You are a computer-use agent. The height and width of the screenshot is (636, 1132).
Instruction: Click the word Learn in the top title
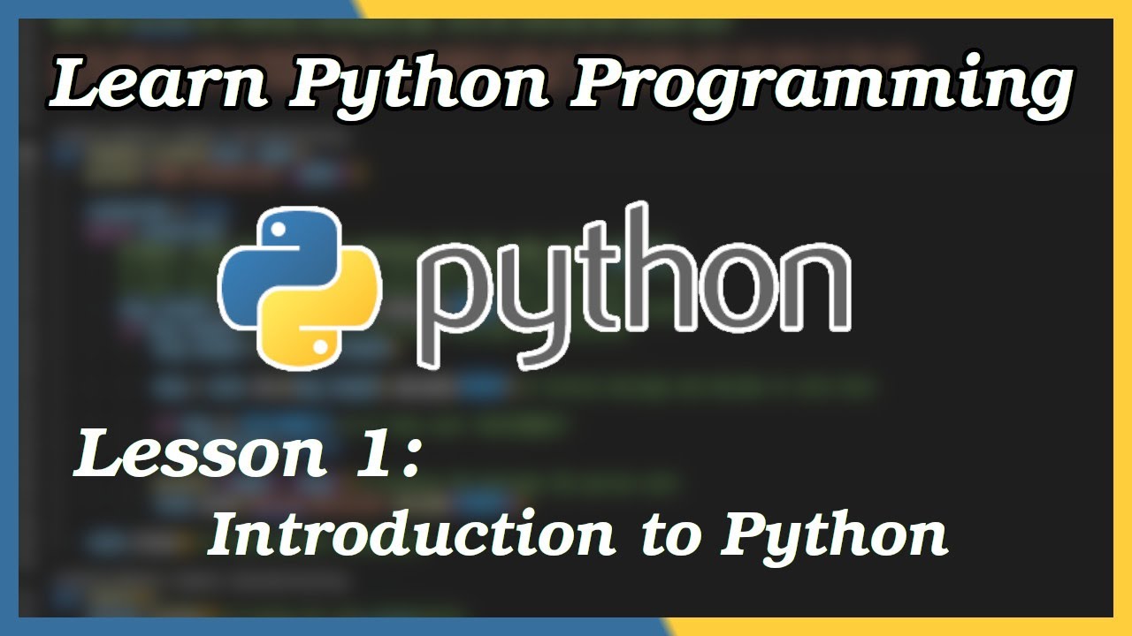point(155,86)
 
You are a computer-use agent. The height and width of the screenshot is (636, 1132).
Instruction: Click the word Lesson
point(198,455)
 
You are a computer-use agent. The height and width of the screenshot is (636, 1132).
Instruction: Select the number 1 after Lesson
point(369,454)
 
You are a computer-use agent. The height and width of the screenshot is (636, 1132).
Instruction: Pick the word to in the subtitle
point(668,535)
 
